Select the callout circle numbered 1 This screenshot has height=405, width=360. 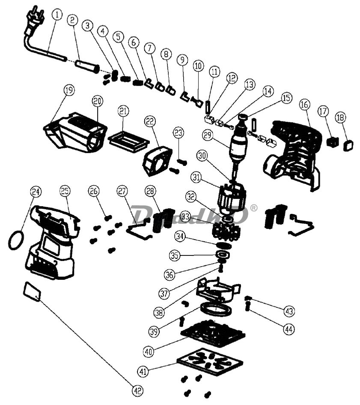(57, 15)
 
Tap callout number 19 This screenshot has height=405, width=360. (68, 90)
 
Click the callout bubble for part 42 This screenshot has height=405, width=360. (137, 390)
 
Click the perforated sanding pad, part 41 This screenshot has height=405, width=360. (205, 359)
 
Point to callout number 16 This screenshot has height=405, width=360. (304, 104)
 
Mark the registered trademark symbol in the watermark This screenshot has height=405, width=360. (253, 208)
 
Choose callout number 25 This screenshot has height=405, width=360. (65, 191)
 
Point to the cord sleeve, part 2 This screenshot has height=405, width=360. (87, 66)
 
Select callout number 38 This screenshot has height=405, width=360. (159, 312)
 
